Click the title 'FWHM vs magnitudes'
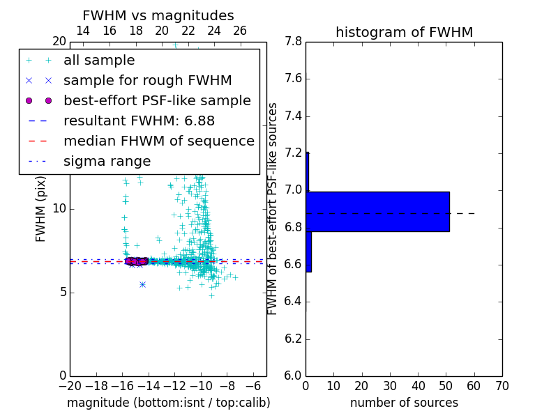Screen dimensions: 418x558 [158, 16]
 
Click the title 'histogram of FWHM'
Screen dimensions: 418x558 [404, 32]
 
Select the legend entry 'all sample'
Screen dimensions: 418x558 [99, 61]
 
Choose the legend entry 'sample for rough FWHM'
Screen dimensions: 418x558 [147, 80]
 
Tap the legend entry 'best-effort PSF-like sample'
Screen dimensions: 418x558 [157, 100]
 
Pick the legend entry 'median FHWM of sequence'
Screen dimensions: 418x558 [158, 141]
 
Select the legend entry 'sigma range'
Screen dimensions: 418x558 [107, 161]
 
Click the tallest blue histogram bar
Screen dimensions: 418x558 [377, 211]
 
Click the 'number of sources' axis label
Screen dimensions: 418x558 [404, 403]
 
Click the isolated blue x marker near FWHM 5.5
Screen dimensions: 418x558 [142, 284]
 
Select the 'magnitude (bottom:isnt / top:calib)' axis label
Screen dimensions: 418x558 [168, 403]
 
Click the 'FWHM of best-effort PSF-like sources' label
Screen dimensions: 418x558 [273, 208]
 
